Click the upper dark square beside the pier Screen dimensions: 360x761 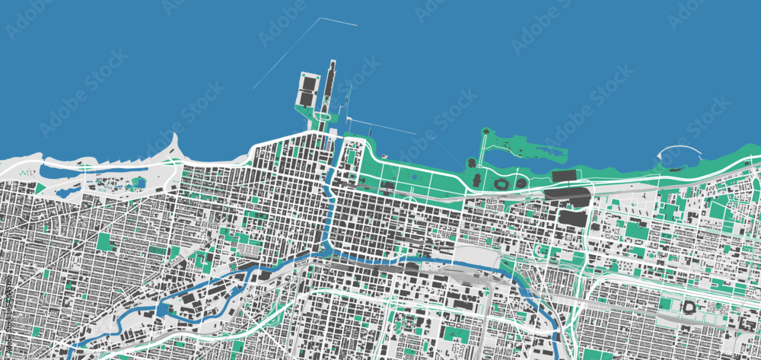click(x=308, y=81)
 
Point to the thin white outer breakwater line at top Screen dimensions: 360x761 click(x=337, y=21)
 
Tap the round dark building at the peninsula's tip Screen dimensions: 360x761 click(x=471, y=162)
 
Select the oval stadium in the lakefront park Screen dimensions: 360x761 click(x=501, y=183)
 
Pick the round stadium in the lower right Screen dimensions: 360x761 click(x=689, y=307)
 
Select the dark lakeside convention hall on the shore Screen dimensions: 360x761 click(x=564, y=176)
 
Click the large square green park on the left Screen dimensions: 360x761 click(x=105, y=242)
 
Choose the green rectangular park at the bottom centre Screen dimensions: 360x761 click(x=457, y=335)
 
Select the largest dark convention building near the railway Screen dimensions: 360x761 click(x=573, y=217)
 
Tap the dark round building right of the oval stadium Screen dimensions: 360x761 click(x=521, y=183)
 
